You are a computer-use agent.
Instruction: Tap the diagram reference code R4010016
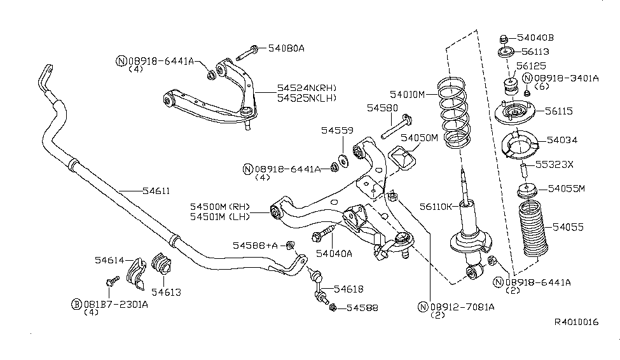[575, 322]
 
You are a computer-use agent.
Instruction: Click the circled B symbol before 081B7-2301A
[75, 304]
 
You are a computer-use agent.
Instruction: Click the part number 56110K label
[436, 206]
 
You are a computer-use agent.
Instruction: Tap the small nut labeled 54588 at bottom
[333, 308]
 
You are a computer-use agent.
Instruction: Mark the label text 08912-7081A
[463, 307]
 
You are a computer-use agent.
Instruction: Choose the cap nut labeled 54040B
[504, 38]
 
